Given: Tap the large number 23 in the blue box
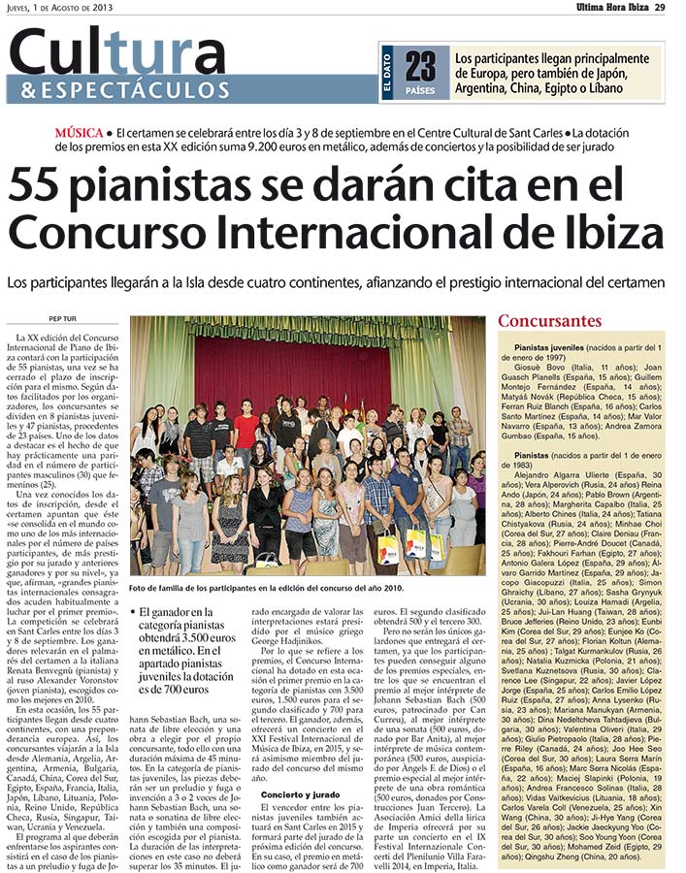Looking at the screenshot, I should (x=421, y=66).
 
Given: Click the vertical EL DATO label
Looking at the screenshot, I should (x=387, y=74).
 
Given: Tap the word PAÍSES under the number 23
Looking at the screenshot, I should (x=421, y=90).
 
